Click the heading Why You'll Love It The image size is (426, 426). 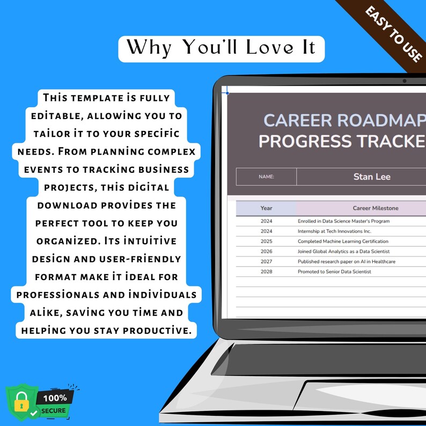pyautogui.click(x=221, y=48)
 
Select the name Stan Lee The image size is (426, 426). pyautogui.click(x=371, y=177)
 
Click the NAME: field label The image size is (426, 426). pyautogui.click(x=266, y=177)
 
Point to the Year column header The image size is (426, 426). pyautogui.click(x=266, y=208)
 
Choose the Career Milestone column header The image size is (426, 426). pyautogui.click(x=375, y=208)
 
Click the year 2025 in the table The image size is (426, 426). pyautogui.click(x=267, y=241)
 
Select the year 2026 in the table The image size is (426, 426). pyautogui.click(x=267, y=252)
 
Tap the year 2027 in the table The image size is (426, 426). pyautogui.click(x=267, y=262)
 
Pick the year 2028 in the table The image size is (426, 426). pyautogui.click(x=267, y=272)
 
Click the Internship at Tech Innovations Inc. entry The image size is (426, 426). pyautogui.click(x=334, y=231)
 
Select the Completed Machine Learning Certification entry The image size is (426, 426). pyautogui.click(x=343, y=241)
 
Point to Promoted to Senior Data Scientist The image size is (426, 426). pyautogui.click(x=334, y=272)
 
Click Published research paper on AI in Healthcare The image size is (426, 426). pyautogui.click(x=346, y=262)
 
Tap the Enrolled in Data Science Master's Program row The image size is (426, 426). pyautogui.click(x=343, y=221)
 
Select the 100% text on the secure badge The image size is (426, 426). pyautogui.click(x=56, y=398)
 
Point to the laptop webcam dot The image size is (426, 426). pyautogui.click(x=404, y=81)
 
